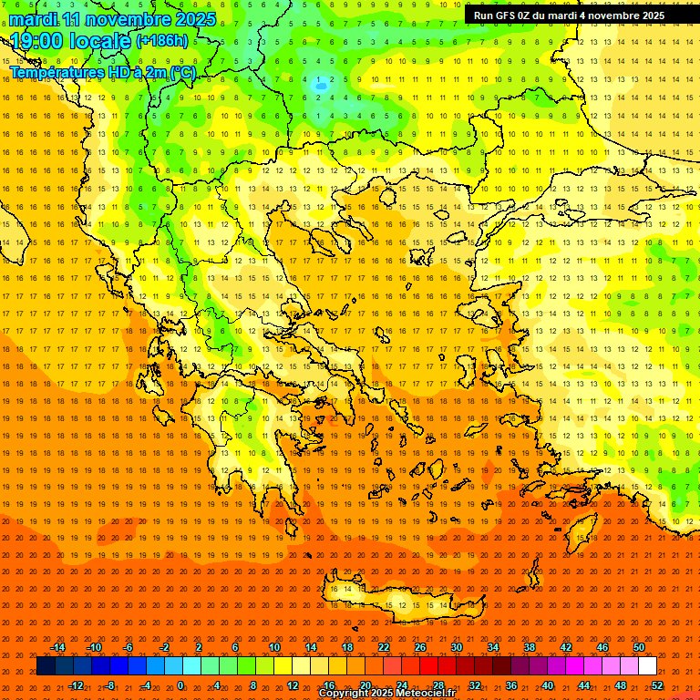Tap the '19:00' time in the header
39,41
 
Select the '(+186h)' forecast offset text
162,41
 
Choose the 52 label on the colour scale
657,685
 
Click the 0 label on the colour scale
180,685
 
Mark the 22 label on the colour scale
384,647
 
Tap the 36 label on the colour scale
511,685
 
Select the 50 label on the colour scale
639,647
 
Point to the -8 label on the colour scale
110,685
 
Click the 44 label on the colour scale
584,685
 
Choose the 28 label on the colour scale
438,685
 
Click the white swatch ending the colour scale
647,666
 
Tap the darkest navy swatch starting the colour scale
46,666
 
